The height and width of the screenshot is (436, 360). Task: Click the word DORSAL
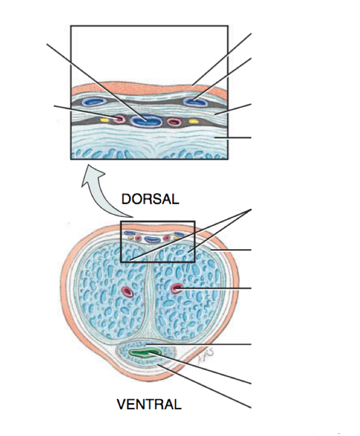tap(150, 199)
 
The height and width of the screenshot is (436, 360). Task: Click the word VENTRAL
tap(149, 405)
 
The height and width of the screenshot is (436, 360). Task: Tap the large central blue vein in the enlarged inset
tap(149, 119)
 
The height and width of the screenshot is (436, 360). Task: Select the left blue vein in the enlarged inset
tap(95, 101)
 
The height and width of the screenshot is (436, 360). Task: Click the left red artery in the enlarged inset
tap(119, 118)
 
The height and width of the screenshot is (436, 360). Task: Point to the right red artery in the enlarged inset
tap(174, 122)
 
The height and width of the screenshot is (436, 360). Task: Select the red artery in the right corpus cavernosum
tap(177, 288)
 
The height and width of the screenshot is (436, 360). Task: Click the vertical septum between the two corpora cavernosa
tap(149, 296)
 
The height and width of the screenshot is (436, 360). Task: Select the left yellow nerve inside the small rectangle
tap(130, 238)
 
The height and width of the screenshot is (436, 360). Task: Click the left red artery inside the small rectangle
tap(138, 239)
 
